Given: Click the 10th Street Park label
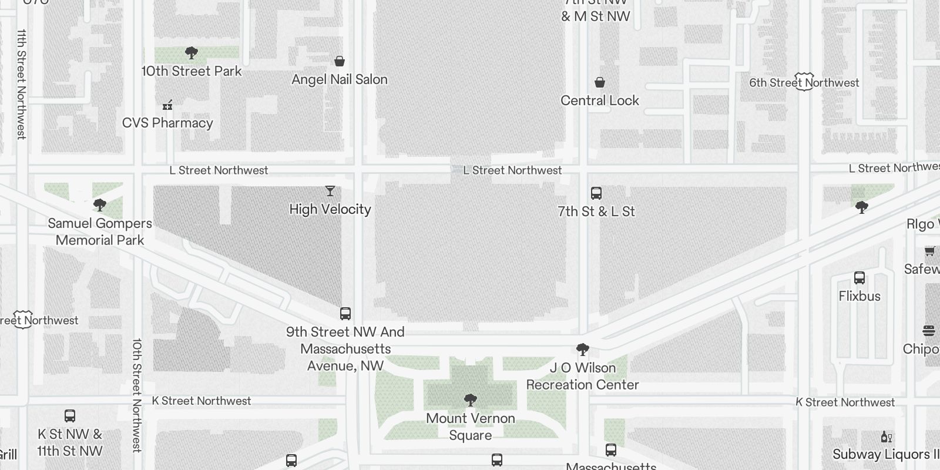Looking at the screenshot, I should pos(192,71).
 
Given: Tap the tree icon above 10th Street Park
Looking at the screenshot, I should pos(191,53).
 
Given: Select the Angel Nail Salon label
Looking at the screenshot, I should pos(340,79).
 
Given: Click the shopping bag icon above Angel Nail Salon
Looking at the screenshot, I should pos(340,61).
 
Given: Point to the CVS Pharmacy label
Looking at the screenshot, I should pos(167,123).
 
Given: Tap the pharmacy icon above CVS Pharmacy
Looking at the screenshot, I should pos(167,105).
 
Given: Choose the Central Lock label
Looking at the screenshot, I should pos(600,100).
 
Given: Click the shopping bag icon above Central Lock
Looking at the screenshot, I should pos(600,82).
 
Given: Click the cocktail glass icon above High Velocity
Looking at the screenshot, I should pos(330,191).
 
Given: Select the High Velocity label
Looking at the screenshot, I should pos(330,209).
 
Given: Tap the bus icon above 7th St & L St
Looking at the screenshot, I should pos(596,193).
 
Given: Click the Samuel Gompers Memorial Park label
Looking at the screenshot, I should pos(100,231).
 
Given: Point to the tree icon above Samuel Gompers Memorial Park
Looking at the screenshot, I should pos(100,205).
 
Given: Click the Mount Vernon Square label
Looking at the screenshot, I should pos(471,427).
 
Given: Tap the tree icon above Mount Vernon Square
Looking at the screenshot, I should pos(470,401).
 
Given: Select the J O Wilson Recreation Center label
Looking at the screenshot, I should pos(583,376).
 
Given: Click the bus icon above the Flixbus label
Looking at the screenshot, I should pos(860,278).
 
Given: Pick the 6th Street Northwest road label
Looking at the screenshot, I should pos(804,83).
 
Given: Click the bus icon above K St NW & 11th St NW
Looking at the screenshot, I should pos(70,416).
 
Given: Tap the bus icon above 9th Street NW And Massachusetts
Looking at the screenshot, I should pos(345,314).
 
